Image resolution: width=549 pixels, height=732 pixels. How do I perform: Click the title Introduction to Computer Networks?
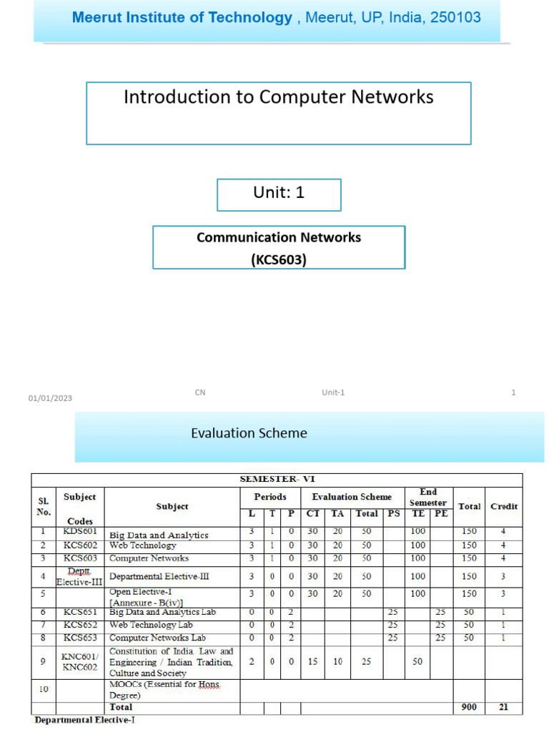[279, 97]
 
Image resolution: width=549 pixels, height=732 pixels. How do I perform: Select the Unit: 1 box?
[279, 193]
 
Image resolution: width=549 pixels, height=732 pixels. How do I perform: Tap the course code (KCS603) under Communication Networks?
[279, 259]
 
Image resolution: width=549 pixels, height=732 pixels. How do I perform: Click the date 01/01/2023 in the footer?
[50, 398]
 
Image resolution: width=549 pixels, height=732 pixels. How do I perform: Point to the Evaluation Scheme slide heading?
[249, 433]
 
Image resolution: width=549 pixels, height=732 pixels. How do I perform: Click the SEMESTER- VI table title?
[278, 480]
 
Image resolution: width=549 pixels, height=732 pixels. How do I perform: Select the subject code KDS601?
[79, 531]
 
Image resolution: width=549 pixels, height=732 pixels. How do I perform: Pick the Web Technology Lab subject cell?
[151, 625]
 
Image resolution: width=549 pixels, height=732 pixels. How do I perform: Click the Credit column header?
[503, 506]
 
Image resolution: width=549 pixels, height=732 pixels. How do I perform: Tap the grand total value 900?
[469, 707]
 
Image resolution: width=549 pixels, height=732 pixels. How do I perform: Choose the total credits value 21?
[503, 707]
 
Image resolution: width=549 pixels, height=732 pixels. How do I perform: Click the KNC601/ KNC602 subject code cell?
[79, 661]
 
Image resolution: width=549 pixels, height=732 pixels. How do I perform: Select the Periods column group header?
[270, 497]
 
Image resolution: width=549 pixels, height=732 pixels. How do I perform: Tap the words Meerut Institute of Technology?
[182, 18]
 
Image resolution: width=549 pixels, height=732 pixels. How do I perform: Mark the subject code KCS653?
[79, 638]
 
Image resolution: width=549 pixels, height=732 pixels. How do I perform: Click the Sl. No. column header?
[44, 506]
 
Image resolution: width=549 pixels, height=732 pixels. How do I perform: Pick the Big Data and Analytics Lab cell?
[162, 613]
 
